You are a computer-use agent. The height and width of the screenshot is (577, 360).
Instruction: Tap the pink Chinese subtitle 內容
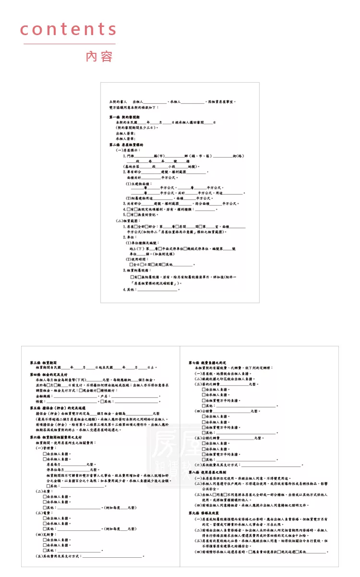click(99, 56)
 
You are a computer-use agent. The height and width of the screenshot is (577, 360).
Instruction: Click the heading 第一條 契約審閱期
click(124, 117)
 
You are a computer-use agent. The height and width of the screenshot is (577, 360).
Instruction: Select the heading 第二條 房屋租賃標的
click(126, 144)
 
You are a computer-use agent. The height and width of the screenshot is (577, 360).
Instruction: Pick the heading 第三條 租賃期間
click(43, 362)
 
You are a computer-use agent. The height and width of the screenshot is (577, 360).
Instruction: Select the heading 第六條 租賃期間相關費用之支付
click(55, 437)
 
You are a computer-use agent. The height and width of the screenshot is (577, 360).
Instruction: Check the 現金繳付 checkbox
click(80, 391)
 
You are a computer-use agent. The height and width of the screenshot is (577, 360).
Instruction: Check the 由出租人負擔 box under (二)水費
click(45, 497)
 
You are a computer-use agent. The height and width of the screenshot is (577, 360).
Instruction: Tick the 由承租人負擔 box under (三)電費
click(45, 524)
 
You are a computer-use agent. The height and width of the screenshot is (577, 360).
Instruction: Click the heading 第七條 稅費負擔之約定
click(207, 363)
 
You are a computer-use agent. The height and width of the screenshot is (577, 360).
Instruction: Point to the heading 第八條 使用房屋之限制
click(207, 473)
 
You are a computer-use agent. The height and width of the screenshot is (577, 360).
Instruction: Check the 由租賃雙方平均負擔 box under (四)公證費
click(203, 427)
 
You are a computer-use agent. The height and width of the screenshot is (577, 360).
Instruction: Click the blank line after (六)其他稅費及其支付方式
click(272, 465)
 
